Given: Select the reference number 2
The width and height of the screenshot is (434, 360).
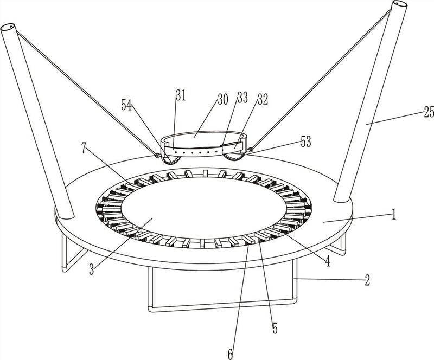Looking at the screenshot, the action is click(x=367, y=280).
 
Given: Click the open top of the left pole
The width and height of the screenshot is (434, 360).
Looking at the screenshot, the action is click(x=10, y=27).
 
